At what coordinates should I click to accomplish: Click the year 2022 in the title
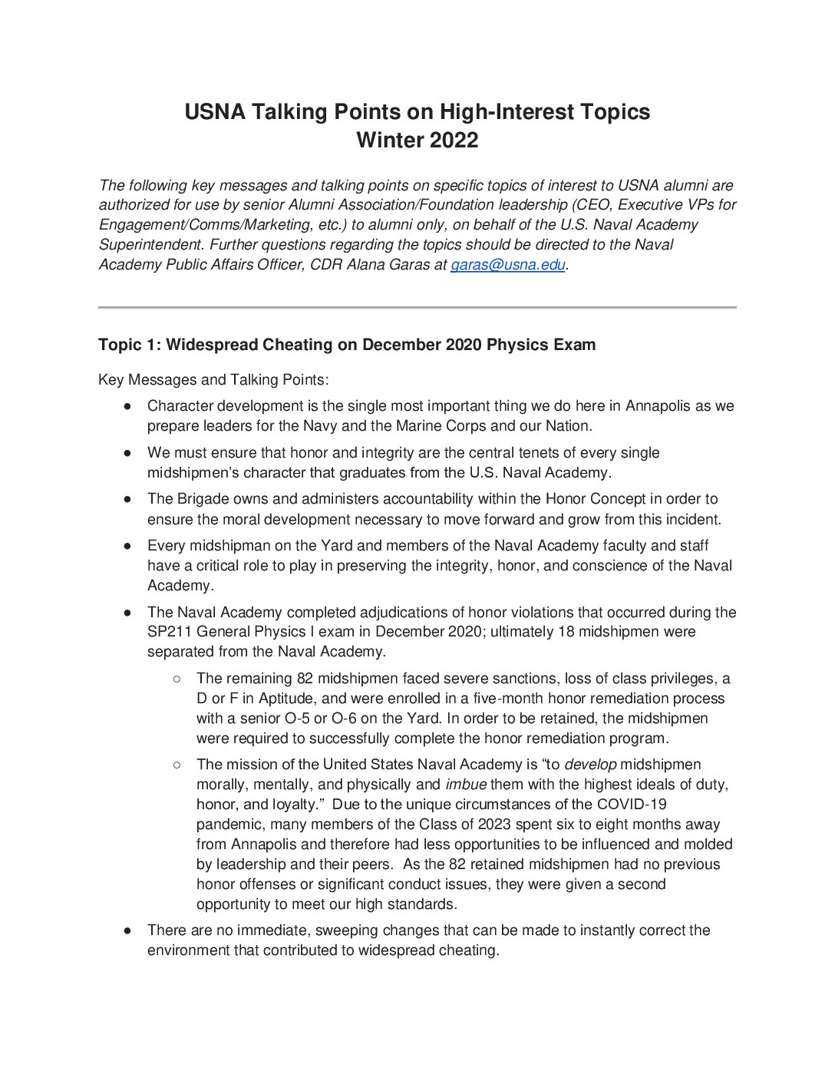coord(454,140)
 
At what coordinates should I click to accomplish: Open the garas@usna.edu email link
coord(507,265)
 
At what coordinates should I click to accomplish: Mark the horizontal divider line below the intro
coord(417,308)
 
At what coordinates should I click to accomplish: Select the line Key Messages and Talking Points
coord(213,380)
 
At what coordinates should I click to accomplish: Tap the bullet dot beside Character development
coord(128,406)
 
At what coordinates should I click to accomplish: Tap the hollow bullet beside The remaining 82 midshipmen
coord(177,679)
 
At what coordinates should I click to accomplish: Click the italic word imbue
coord(466,785)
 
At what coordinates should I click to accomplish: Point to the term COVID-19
coord(629,805)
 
